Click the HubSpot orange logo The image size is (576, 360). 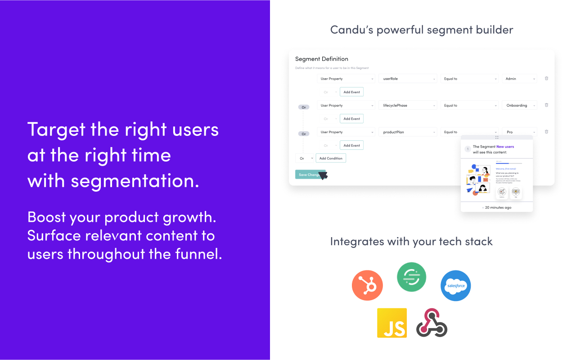click(367, 285)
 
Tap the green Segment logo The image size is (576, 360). click(411, 277)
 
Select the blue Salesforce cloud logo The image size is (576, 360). click(455, 286)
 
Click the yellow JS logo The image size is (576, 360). click(392, 323)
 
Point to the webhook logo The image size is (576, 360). click(432, 323)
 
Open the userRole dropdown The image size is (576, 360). click(408, 79)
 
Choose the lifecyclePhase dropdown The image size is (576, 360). click(408, 105)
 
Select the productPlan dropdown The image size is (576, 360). click(408, 132)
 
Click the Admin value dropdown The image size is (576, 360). click(519, 79)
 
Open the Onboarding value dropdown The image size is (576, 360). click(519, 105)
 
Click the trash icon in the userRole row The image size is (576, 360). click(546, 78)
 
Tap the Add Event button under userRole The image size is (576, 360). click(351, 92)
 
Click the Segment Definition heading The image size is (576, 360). click(321, 59)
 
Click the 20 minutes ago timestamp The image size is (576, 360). click(498, 207)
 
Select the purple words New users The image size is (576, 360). click(505, 147)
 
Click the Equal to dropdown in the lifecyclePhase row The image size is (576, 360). click(469, 105)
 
